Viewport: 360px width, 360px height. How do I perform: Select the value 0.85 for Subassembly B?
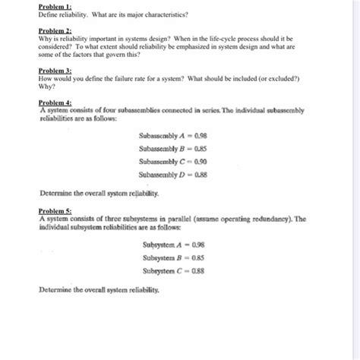coord(201,149)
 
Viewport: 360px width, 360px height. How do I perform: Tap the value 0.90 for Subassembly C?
coord(201,162)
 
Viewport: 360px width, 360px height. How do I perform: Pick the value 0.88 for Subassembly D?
coord(201,175)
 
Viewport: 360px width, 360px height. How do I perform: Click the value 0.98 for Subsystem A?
coord(200,245)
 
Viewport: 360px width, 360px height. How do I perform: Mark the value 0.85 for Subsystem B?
coord(200,258)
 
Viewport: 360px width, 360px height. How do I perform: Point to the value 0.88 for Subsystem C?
coord(200,270)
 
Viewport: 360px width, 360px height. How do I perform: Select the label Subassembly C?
coord(163,162)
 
